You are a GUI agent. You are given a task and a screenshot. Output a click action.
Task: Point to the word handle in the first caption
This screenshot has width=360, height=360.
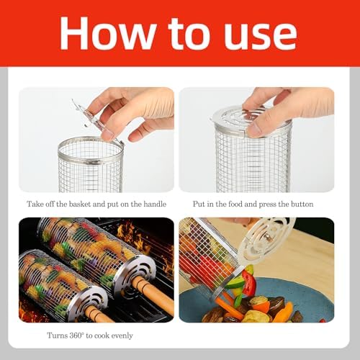coord(155,204)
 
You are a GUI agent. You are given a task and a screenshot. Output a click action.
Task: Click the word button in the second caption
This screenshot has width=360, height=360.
coord(302,204)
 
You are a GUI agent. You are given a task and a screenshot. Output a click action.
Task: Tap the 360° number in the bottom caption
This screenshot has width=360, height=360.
coord(77,336)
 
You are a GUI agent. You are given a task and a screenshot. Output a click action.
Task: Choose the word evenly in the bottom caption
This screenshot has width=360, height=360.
coord(122,336)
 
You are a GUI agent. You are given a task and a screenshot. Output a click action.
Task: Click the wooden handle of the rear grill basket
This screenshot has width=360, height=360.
coord(153,296)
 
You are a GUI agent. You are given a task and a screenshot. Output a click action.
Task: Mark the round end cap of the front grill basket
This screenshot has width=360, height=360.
coord(88,303)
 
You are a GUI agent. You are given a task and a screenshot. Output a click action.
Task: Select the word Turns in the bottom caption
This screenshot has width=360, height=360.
coord(57,336)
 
